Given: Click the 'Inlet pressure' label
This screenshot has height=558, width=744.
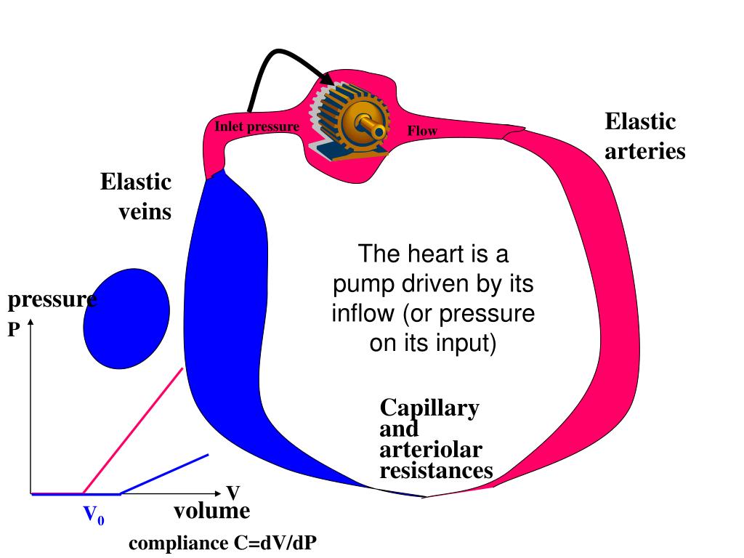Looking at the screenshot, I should coord(256,127).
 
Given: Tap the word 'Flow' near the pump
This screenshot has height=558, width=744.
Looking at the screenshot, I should coord(422,132).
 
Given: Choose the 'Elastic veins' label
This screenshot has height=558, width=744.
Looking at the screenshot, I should coord(137,196).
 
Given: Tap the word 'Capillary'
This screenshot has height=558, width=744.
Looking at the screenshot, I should coord(429,408).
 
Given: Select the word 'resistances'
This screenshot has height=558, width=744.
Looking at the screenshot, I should coord(437,471).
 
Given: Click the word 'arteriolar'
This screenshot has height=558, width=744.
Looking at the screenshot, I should coord(431,450).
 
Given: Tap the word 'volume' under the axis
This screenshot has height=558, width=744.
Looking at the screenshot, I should coord(211,511).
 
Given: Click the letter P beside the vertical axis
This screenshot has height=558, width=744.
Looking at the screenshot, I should coord(14,329).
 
